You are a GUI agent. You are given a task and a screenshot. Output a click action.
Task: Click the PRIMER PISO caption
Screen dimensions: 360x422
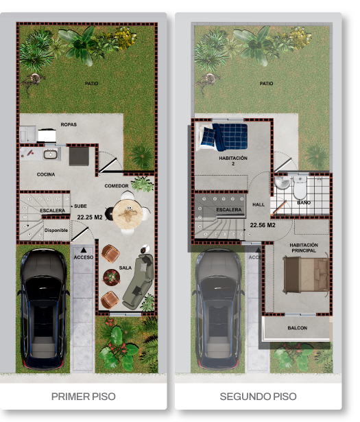point(84,396)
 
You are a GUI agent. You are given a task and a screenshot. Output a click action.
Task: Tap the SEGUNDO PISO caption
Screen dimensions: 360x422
point(258,396)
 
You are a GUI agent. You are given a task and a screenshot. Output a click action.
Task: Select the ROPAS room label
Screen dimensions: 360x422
point(69,125)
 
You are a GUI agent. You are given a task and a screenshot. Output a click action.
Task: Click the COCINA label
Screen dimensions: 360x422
point(46,174)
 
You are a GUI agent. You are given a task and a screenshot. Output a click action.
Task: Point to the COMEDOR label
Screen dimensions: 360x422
point(117,186)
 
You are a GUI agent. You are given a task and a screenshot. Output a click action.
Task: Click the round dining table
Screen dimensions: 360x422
point(128,214)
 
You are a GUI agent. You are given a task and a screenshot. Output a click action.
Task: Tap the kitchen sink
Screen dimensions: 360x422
point(50,154)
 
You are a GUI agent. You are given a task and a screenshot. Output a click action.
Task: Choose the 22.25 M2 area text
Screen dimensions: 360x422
point(90,218)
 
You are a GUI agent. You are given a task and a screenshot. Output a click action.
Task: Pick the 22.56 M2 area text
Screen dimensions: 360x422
point(263,225)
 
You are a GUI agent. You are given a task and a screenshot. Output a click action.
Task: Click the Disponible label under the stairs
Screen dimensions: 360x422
point(56,231)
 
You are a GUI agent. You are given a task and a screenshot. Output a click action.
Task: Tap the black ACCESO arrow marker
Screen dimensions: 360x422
point(84,250)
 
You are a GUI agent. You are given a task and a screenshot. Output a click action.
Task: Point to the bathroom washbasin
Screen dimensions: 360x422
point(282,182)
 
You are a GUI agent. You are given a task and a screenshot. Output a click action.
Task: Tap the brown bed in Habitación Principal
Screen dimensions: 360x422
point(306,274)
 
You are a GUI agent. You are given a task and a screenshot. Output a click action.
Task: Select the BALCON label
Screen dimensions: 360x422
point(298,328)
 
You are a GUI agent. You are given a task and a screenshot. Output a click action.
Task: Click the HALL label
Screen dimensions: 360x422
point(259,204)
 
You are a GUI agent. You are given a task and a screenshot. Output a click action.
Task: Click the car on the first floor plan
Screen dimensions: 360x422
point(43,309)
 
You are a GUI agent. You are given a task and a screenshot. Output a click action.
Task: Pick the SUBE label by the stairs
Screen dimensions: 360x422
point(80,207)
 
